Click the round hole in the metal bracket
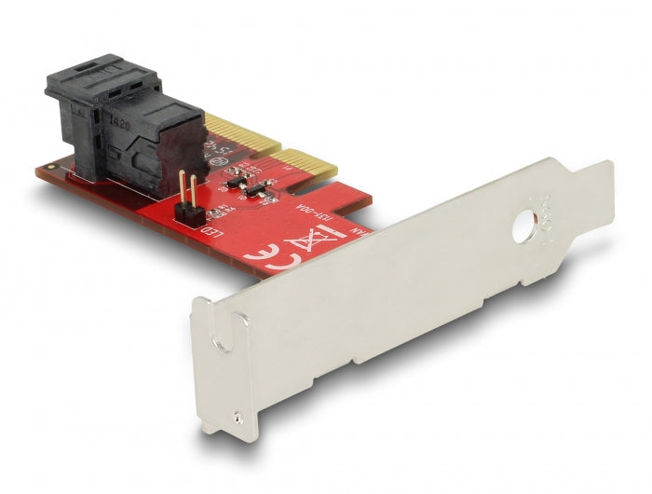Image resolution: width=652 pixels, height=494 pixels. pos(525,225)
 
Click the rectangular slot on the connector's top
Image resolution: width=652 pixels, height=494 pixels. pos(91,73)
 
